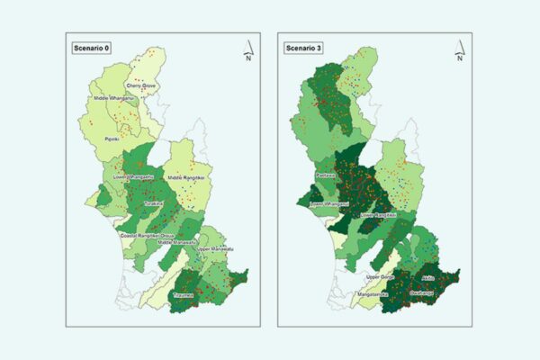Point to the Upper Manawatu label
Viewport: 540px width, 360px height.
click(x=214, y=248)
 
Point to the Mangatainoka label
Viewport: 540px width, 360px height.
click(x=377, y=293)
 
